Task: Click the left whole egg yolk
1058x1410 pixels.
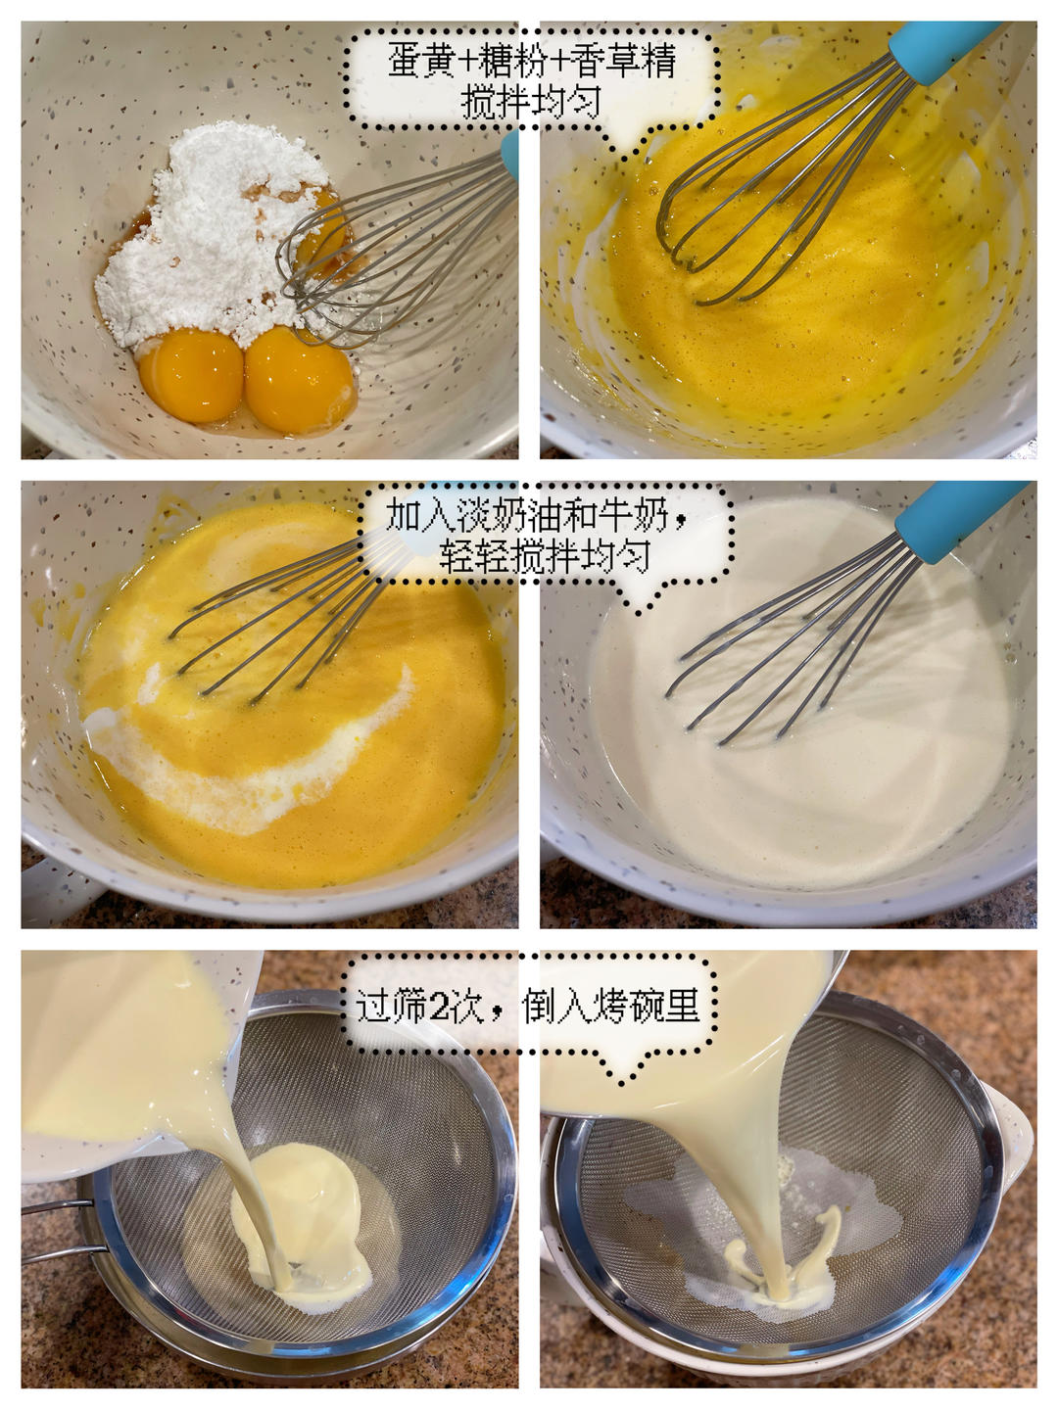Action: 191,375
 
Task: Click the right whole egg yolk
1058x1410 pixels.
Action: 300,380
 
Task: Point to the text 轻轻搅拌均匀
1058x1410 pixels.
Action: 546,556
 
